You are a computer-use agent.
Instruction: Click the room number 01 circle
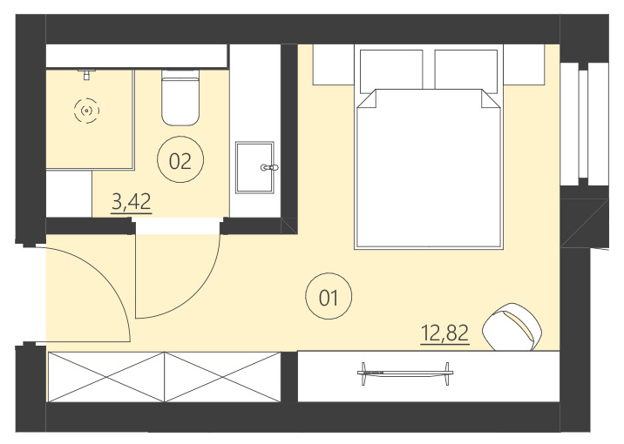(x=329, y=299)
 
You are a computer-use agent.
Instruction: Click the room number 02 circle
(x=180, y=160)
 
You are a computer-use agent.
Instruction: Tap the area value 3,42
(x=132, y=204)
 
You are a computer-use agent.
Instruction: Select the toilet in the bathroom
(x=181, y=100)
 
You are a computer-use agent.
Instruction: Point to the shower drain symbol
(x=85, y=111)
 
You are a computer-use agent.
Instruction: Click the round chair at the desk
(x=514, y=326)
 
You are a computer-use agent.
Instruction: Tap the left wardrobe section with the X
(x=105, y=376)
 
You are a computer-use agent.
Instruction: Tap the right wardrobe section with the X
(x=222, y=376)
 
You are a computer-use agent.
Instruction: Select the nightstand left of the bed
(x=332, y=65)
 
